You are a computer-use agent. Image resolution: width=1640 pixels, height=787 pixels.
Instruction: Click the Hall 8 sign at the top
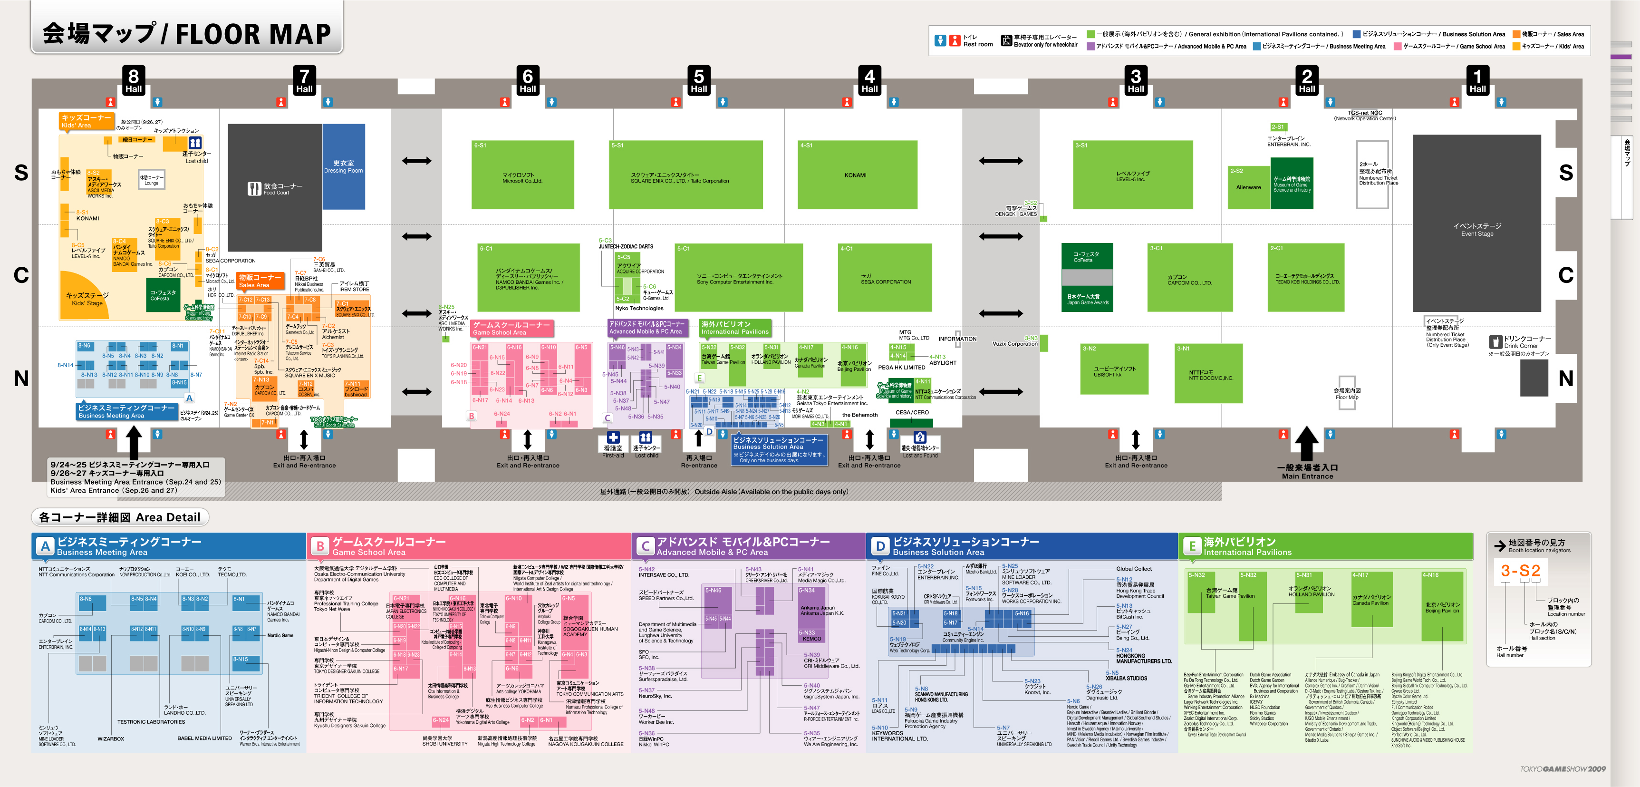coord(133,80)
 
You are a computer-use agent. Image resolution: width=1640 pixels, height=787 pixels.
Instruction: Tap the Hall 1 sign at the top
coord(1477,80)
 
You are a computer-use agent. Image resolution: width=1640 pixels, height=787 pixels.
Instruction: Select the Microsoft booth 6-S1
coord(522,175)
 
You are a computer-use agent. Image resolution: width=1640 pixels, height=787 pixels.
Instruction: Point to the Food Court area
coord(275,188)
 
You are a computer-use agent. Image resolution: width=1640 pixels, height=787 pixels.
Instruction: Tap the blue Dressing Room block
coord(344,167)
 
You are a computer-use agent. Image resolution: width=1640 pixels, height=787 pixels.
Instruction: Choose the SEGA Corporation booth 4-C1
coord(886,278)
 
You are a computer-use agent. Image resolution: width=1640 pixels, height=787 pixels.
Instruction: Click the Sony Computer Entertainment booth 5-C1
coord(739,278)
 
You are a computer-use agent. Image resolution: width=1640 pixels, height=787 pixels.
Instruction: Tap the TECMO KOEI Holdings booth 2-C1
coord(1306,278)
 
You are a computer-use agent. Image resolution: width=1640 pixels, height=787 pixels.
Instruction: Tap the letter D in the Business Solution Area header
coord(880,546)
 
